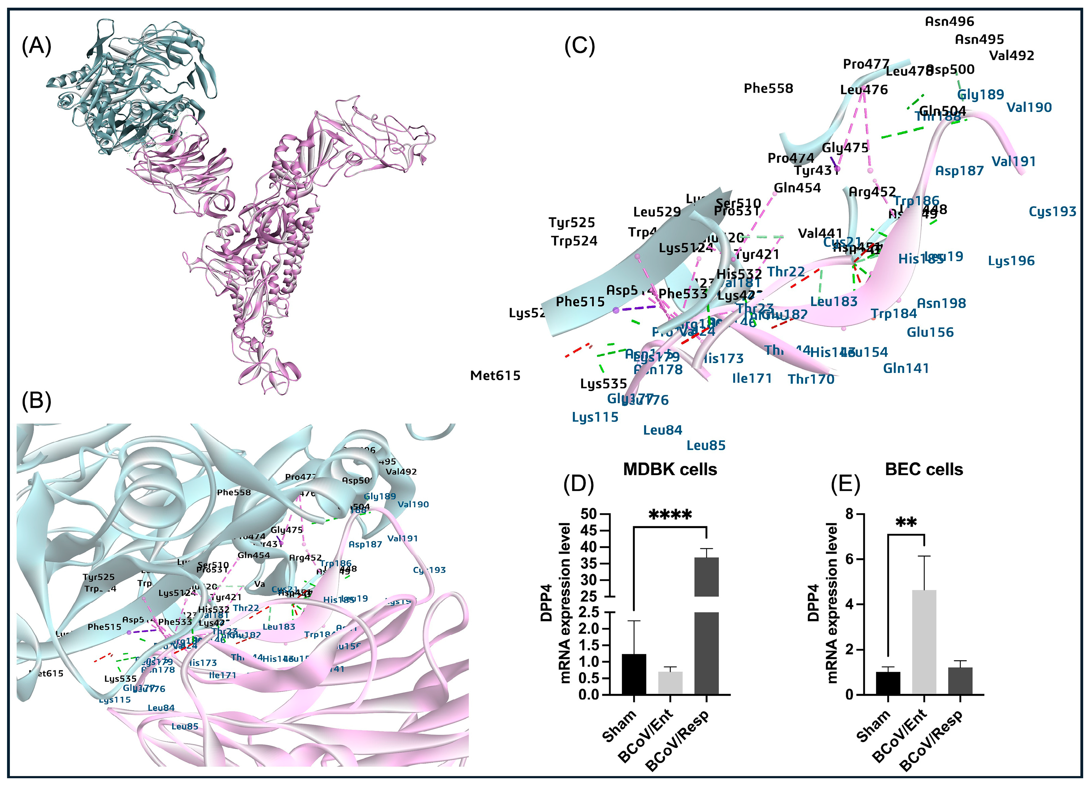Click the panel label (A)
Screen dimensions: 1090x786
pyautogui.click(x=37, y=47)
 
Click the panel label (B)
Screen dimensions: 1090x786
pyautogui.click(x=37, y=400)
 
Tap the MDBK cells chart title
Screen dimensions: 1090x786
pyautogui.click(x=670, y=469)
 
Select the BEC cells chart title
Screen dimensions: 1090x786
pyautogui.click(x=924, y=469)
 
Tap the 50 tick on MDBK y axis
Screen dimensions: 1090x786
pyautogui.click(x=589, y=514)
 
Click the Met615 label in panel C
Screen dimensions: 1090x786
pyautogui.click(x=495, y=376)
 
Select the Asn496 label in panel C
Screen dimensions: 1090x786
pyautogui.click(x=949, y=22)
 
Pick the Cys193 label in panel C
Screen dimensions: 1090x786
pyautogui.click(x=1052, y=211)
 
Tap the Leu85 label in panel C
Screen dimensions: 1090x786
pyautogui.click(x=705, y=445)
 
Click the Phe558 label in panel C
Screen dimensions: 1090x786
pyautogui.click(x=768, y=88)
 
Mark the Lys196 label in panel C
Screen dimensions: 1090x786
pyautogui.click(x=1011, y=261)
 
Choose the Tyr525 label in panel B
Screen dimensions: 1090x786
pyautogui.click(x=98, y=577)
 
